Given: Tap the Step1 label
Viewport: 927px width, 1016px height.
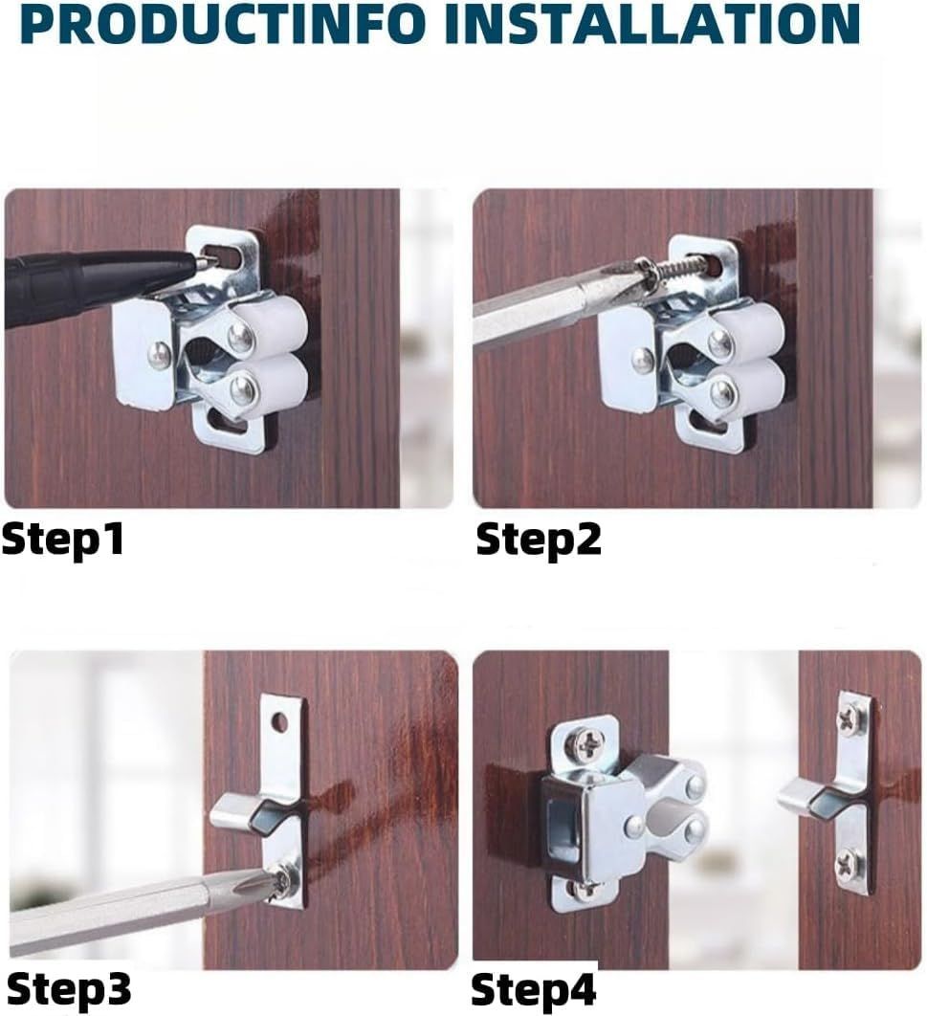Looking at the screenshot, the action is click(62, 540).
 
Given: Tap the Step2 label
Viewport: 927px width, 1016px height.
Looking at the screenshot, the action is click(539, 540).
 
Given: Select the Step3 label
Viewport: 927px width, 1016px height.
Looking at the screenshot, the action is click(69, 989).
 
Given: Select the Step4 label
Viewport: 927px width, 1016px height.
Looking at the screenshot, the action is click(533, 990).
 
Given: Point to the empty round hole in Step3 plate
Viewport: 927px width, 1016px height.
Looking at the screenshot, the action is click(280, 720).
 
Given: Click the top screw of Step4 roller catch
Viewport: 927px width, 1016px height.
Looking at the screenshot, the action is click(586, 748).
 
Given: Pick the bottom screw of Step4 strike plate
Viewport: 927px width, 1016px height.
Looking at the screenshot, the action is click(849, 862).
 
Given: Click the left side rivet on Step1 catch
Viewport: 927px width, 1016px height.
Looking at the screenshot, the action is click(159, 353).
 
